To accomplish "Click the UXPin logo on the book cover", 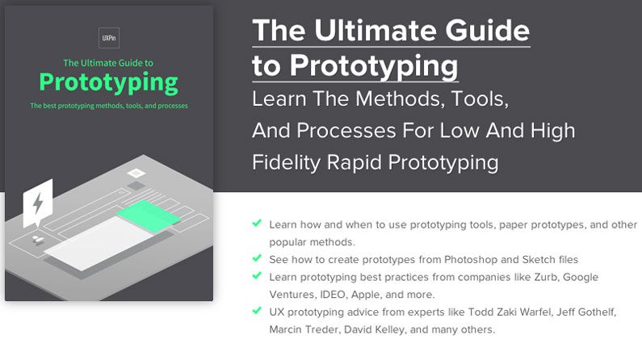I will [108, 36].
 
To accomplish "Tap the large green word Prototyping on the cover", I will [108, 82].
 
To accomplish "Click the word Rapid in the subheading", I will [358, 161].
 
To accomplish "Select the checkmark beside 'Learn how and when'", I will [257, 222].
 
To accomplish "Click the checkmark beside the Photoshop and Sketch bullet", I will [257, 259].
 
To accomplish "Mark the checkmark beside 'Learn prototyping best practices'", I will [257, 277].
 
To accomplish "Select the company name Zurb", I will [531, 277].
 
